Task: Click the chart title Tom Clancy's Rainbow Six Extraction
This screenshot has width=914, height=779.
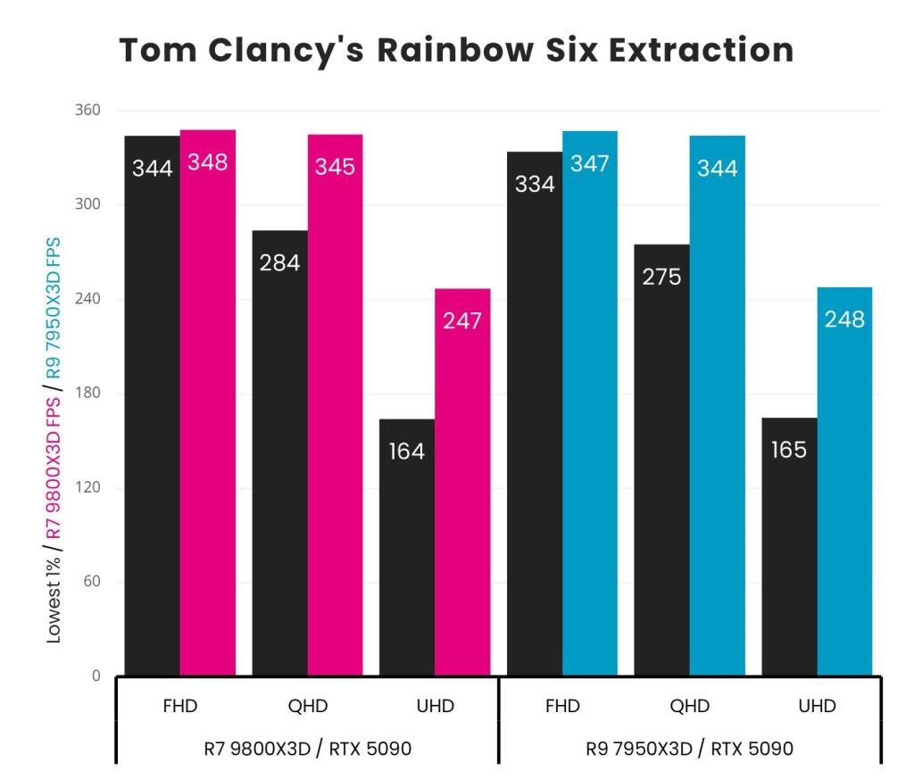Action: tap(456, 50)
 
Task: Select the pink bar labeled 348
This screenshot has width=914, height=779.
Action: tap(207, 402)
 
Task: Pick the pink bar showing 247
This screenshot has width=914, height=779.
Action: tap(462, 482)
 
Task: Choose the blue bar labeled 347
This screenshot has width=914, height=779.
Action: tap(589, 402)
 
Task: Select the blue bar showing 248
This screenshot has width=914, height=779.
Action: tap(844, 481)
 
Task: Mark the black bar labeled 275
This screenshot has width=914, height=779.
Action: tap(661, 460)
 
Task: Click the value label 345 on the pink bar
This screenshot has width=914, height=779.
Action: tap(335, 166)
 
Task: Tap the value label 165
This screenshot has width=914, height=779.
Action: tap(789, 450)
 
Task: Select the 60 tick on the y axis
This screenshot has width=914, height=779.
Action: tap(90, 582)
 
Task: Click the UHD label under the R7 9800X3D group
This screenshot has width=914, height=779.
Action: tap(435, 707)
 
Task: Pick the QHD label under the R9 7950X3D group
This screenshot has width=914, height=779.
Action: tap(689, 707)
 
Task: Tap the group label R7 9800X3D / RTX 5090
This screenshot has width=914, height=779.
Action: tap(307, 749)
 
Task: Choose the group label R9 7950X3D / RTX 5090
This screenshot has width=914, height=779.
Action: tap(689, 749)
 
